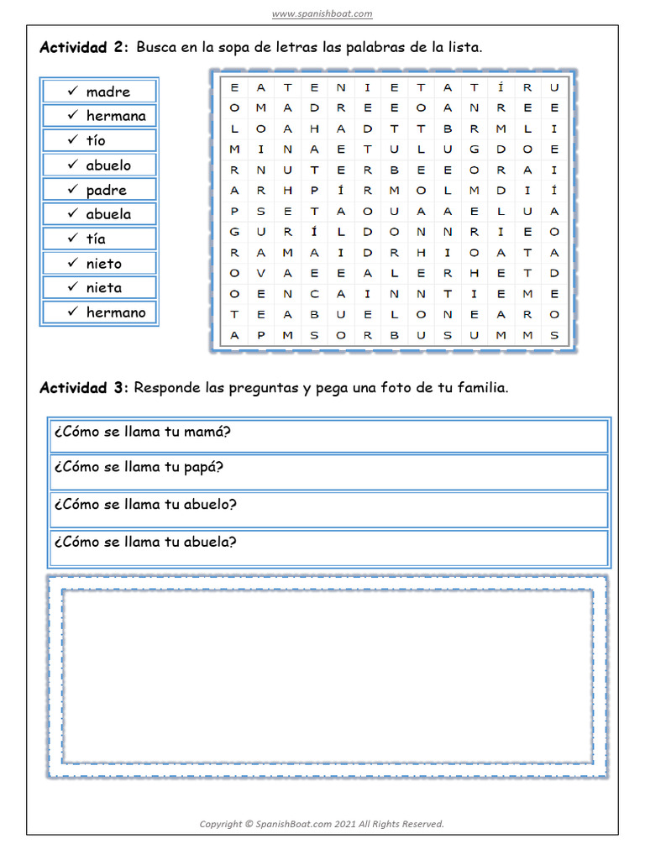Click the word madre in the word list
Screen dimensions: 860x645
click(x=108, y=92)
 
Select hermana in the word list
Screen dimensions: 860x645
click(x=116, y=116)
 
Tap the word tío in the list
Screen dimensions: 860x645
click(x=96, y=140)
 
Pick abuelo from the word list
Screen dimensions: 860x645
click(x=108, y=165)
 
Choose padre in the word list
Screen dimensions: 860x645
click(x=107, y=190)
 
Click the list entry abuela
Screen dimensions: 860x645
click(x=108, y=214)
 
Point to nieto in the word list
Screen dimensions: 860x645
click(x=103, y=264)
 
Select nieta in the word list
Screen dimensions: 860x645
click(x=103, y=287)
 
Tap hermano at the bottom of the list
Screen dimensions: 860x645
click(x=116, y=312)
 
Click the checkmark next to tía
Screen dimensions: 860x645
click(x=73, y=239)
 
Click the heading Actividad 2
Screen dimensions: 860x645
click(x=84, y=48)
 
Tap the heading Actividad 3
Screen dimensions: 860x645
click(x=84, y=388)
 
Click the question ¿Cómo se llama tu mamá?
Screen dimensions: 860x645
click(x=142, y=433)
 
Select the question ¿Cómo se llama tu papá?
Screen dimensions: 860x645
click(x=139, y=467)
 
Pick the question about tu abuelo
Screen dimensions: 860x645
click(x=144, y=504)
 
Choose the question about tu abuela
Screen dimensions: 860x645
click(x=144, y=542)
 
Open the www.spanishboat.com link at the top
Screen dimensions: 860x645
click(x=322, y=13)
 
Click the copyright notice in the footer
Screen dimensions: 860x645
click(x=322, y=824)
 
